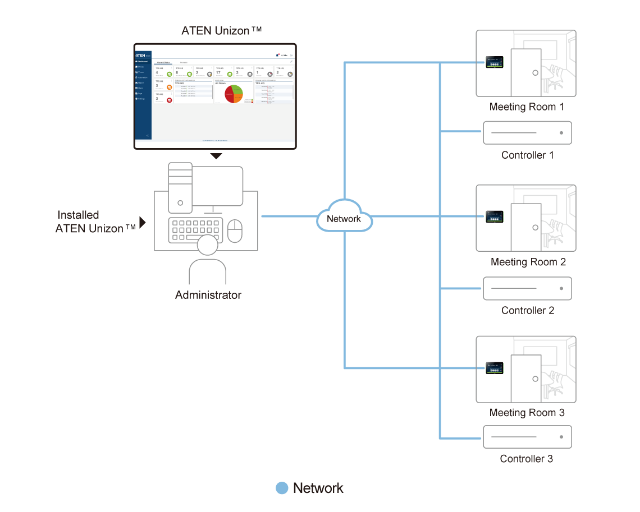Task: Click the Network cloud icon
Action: [x=344, y=217]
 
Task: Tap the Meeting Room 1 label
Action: [x=526, y=107]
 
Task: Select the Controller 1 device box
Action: [x=527, y=133]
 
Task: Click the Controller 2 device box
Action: [x=527, y=288]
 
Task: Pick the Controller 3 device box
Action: [x=527, y=437]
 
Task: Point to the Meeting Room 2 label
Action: [x=528, y=262]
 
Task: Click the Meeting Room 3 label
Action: [x=527, y=413]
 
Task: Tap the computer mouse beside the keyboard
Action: [x=234, y=230]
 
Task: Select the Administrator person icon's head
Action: [x=207, y=247]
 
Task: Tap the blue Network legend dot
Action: [x=282, y=488]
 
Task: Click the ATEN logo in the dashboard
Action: [x=141, y=56]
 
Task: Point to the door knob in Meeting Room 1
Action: [x=536, y=73]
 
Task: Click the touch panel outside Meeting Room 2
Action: [x=495, y=216]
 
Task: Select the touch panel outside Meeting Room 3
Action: [x=495, y=368]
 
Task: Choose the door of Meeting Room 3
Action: [x=526, y=374]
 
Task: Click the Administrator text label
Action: [x=208, y=295]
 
